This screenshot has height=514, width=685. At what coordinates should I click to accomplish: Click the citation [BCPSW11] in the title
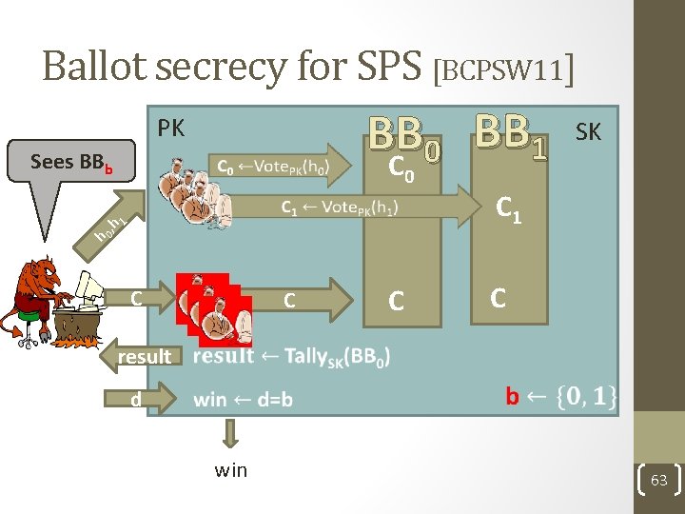click(x=503, y=69)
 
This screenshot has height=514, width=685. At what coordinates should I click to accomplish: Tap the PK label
click(x=171, y=128)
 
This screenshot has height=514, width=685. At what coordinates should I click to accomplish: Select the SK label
click(x=588, y=132)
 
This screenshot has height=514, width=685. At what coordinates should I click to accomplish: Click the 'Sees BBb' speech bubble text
click(x=71, y=162)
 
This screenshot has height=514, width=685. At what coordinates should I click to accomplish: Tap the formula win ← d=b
click(x=243, y=400)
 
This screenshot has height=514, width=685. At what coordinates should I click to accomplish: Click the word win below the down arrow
click(x=231, y=469)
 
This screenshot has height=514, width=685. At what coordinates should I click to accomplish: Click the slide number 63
click(x=659, y=483)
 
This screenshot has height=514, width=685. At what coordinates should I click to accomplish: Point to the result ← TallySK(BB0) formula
click(x=290, y=357)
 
